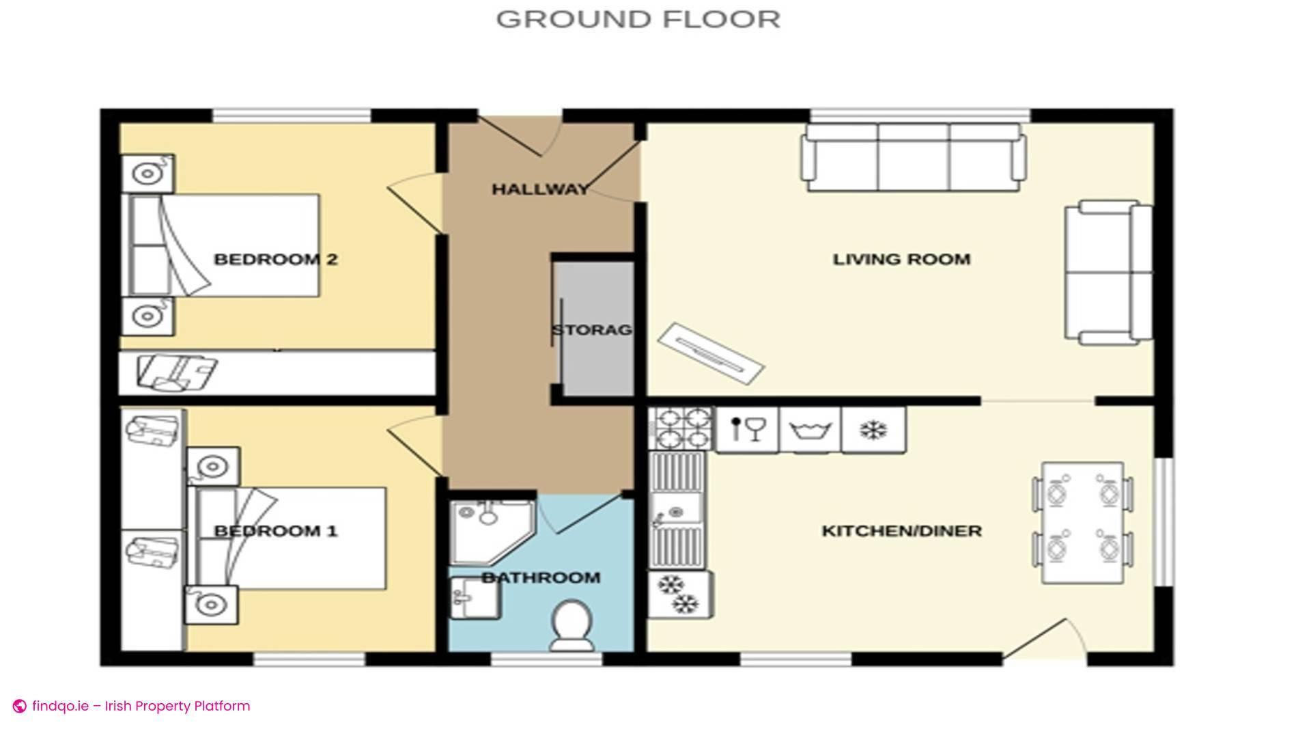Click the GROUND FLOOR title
(638, 19)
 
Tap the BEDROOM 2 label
(275, 260)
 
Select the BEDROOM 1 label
(275, 531)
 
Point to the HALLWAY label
(539, 189)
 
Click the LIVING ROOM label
(901, 260)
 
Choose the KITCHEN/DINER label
(901, 531)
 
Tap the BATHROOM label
(541, 578)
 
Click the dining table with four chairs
(1082, 523)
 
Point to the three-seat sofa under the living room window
(914, 157)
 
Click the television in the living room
(711, 353)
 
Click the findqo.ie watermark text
(140, 706)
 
